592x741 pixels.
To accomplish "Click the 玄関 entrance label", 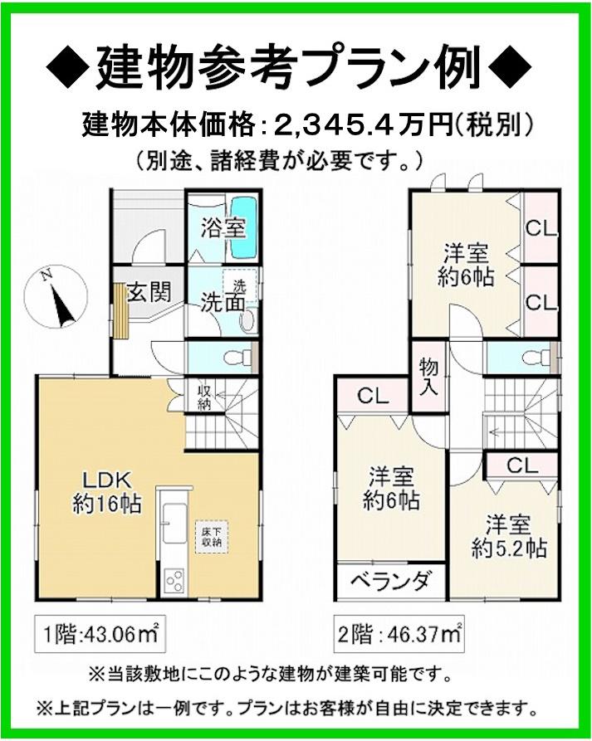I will pyautogui.click(x=149, y=292).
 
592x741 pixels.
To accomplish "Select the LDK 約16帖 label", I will pyautogui.click(x=105, y=491).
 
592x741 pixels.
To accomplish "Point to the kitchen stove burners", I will pyautogui.click(x=173, y=578).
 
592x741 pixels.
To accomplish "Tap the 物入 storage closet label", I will pyautogui.click(x=428, y=376).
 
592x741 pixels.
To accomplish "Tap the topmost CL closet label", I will pyautogui.click(x=541, y=227).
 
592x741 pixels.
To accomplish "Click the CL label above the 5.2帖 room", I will pyautogui.click(x=521, y=466).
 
